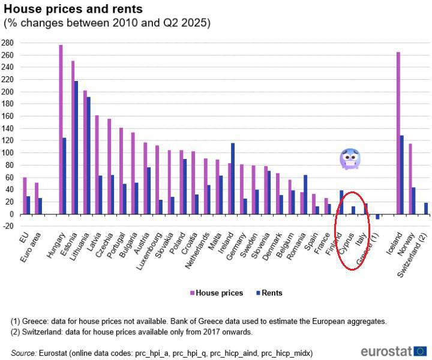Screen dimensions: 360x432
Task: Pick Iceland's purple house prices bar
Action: click(398, 133)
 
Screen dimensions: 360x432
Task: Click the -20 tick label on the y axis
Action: click(7, 226)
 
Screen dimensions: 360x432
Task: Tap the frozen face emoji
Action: click(350, 158)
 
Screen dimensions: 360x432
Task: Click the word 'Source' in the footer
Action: click(22, 353)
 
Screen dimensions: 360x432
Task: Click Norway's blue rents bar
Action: click(414, 200)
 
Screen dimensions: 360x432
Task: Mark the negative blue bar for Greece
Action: click(378, 217)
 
